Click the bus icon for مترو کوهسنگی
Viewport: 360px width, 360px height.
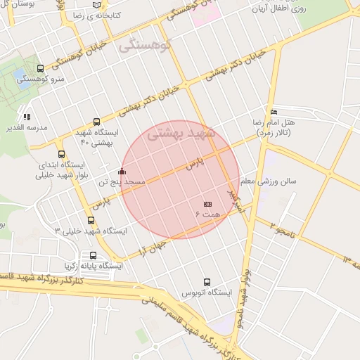click(39, 69)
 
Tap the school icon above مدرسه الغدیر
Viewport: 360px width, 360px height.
click(27, 117)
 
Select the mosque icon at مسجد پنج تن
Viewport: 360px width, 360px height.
click(122, 171)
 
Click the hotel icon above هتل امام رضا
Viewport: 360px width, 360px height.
click(274, 112)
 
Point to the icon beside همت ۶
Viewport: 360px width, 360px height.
click(207, 203)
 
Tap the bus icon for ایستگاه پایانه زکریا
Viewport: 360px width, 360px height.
click(94, 255)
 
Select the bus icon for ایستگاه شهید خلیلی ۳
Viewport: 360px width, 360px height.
click(91, 220)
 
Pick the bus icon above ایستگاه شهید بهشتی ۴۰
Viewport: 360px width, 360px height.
click(96, 122)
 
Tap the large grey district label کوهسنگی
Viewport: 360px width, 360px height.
click(146, 46)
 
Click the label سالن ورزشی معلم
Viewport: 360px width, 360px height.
click(268, 181)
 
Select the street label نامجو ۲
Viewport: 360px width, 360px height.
click(281, 227)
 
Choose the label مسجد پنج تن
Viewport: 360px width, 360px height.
click(121, 181)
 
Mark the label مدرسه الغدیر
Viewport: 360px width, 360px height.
click(27, 127)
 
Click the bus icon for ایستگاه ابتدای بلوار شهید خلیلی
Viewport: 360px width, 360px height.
click(62, 155)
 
